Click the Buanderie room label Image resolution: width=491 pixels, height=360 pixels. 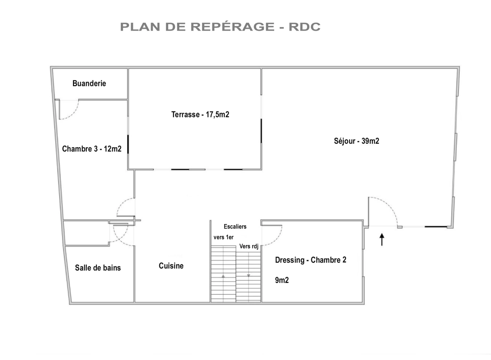pos(89,83)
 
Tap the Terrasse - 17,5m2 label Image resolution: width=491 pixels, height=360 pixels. pos(200,115)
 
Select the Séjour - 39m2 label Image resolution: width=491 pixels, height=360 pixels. pos(356,141)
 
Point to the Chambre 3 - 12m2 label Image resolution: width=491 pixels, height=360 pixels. pos(92,149)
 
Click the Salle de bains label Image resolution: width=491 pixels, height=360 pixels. pos(98,268)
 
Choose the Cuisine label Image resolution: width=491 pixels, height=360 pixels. pos(171,266)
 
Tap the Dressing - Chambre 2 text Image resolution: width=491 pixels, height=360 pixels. pos(310,260)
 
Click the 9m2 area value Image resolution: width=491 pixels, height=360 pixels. pos(282,280)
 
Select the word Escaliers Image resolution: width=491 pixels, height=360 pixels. pos(235,227)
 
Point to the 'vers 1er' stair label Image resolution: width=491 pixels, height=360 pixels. pos(224,237)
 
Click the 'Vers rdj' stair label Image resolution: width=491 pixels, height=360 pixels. pos(249,247)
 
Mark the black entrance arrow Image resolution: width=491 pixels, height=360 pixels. pos(382,240)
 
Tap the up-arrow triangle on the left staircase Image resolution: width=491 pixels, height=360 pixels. pos(223,276)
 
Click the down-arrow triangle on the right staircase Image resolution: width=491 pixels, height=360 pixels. pos(248,276)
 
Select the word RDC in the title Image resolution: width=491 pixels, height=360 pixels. pos(304,27)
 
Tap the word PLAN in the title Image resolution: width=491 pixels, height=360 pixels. pos(140,27)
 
